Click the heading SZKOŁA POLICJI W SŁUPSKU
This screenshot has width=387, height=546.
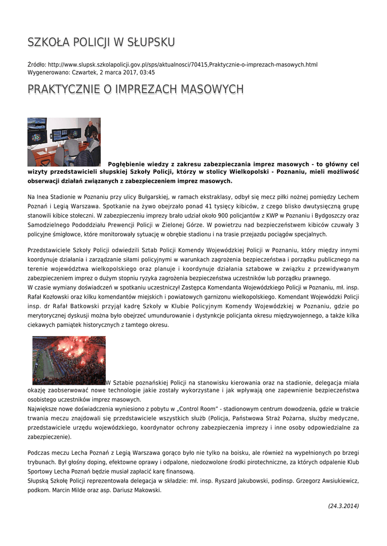click(101, 42)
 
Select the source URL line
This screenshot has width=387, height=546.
click(172, 65)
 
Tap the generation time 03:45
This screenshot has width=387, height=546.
click(148, 72)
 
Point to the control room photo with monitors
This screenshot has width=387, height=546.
click(64, 142)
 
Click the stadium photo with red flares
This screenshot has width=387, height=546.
click(69, 360)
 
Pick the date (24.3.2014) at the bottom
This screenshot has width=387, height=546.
click(343, 506)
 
